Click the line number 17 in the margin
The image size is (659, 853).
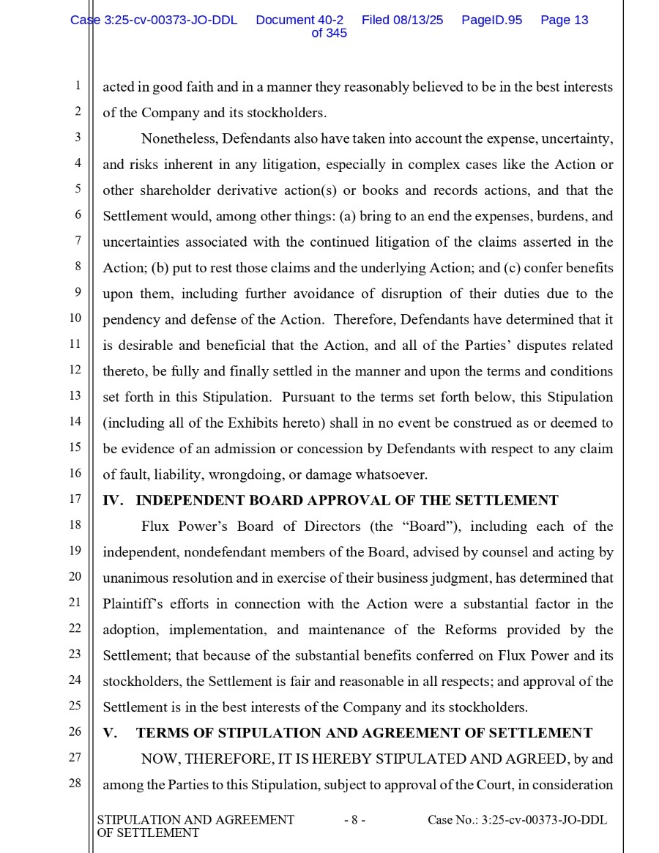tap(75, 499)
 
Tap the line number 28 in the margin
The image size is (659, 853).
tap(75, 783)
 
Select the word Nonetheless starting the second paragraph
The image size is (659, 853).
tap(179, 138)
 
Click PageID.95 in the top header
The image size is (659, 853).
tap(491, 21)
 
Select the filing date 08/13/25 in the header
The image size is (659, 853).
tap(419, 21)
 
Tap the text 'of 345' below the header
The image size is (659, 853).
tap(329, 34)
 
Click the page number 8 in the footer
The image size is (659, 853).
tap(354, 820)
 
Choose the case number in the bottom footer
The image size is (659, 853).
tap(517, 820)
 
